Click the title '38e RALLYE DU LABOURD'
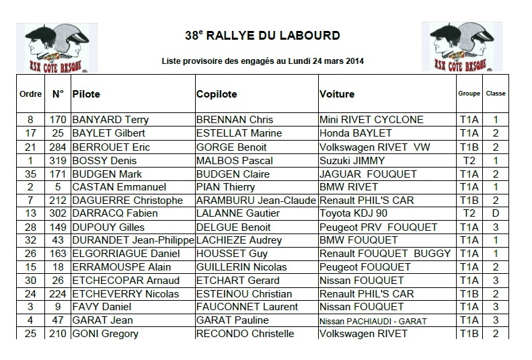[262, 35]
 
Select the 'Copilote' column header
[217, 94]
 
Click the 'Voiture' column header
[337, 94]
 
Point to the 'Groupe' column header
[468, 94]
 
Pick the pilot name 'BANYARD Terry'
[110, 120]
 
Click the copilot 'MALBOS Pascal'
[230, 160]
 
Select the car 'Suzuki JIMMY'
[352, 160]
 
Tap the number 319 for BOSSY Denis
[57, 160]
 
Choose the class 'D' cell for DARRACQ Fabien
[495, 213]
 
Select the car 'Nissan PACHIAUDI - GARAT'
[373, 321]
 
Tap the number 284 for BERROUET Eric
[57, 147]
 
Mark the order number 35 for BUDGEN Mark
[30, 174]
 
